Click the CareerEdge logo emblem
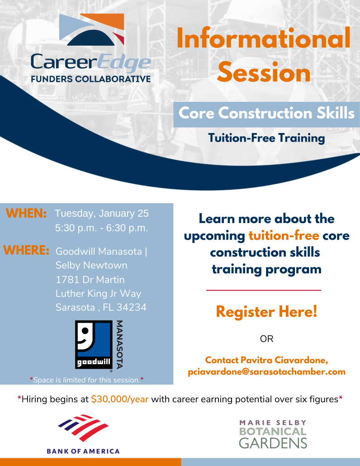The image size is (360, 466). point(91,29)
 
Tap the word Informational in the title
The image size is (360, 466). point(264,38)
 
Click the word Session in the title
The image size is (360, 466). point(264,72)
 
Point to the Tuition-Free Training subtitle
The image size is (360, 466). point(266,138)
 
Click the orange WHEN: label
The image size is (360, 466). point(26,214)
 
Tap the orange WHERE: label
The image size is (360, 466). point(26,250)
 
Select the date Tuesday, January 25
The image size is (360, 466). point(102,214)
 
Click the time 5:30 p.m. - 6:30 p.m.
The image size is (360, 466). point(102,228)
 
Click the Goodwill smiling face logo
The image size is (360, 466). point(94,344)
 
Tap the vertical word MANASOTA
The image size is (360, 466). point(119,344)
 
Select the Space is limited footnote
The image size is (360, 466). point(87,380)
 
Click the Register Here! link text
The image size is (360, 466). point(266,312)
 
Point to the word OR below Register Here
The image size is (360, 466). point(266,339)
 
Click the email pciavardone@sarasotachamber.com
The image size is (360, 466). point(266,372)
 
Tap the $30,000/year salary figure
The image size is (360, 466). point(120,399)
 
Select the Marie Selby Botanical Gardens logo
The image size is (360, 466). point(273,434)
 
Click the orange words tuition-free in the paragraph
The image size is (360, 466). point(284,236)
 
